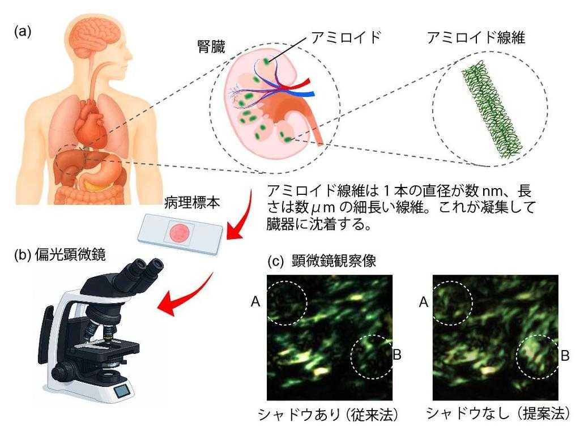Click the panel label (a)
pyautogui.click(x=23, y=31)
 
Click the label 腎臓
pyautogui.click(x=211, y=48)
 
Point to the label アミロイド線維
pyautogui.click(x=476, y=38)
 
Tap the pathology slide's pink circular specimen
pyautogui.click(x=180, y=233)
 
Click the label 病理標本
pyautogui.click(x=192, y=203)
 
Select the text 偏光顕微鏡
pyautogui.click(x=70, y=254)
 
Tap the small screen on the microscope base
pyautogui.click(x=122, y=391)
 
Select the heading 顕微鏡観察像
pyautogui.click(x=334, y=261)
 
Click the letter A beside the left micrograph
pyautogui.click(x=255, y=302)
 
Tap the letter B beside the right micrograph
pyautogui.click(x=565, y=356)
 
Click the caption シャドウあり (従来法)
pyautogui.click(x=328, y=414)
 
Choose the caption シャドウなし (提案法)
pyautogui.click(x=498, y=413)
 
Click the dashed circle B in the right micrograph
pyautogui.click(x=538, y=357)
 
